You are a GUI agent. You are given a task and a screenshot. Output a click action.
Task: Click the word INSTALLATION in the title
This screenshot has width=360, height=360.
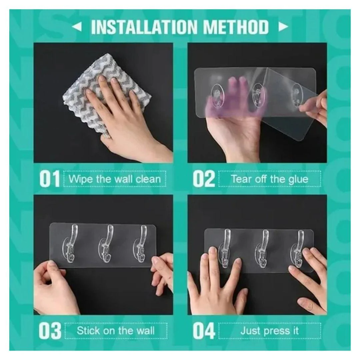[x=144, y=27]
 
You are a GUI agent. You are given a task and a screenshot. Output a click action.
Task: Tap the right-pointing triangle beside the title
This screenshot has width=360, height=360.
[x=283, y=27]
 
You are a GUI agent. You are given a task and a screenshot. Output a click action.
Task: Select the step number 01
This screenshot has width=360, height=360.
[x=50, y=179]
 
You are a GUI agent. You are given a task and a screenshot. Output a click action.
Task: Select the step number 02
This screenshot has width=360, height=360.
[x=204, y=179]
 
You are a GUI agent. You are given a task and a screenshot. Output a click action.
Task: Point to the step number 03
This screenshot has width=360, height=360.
[x=50, y=331]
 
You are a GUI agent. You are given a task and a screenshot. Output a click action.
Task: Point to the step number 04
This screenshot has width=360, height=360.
[x=204, y=331]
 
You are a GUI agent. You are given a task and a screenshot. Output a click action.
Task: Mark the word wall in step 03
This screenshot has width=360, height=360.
[x=145, y=331]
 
